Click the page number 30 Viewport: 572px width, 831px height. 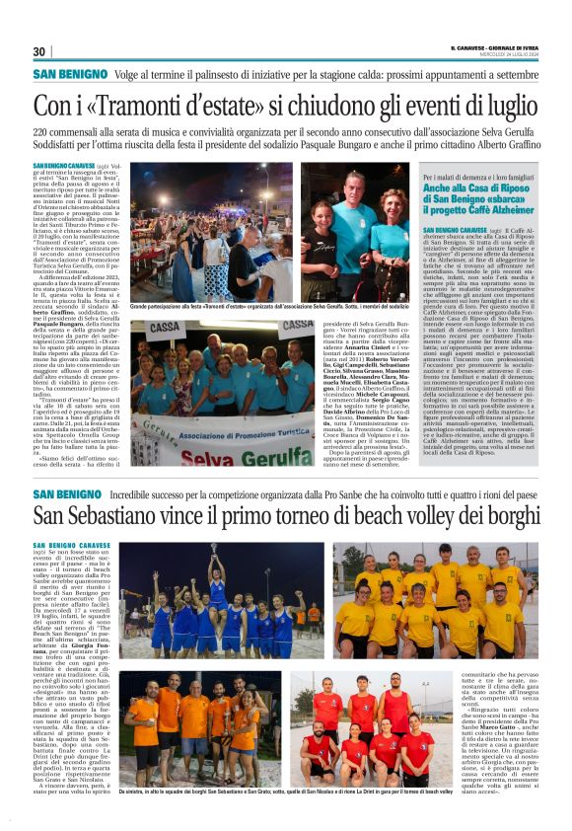click(39, 51)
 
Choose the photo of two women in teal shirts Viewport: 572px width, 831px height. click(355, 233)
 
